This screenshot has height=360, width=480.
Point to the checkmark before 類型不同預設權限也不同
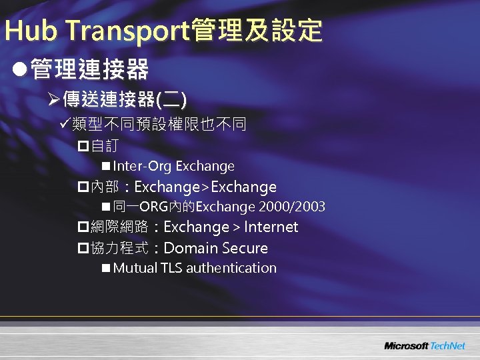pos(65,123)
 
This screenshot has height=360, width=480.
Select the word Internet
pos(271,227)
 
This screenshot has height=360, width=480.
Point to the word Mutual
pos(135,268)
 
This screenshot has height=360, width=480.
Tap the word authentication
pos(231,268)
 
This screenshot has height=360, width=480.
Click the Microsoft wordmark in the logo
pos(406,346)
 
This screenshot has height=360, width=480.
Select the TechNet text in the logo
pos(448,346)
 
